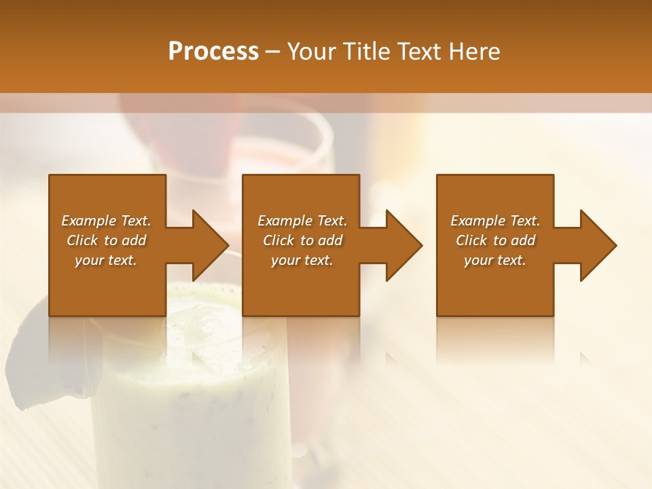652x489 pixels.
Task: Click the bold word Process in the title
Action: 213,52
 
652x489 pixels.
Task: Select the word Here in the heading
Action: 475,52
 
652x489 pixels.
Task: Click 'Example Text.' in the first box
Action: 107,221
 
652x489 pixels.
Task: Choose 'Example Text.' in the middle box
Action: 302,221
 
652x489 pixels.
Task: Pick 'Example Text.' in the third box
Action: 495,221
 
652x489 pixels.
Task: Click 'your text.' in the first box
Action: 106,260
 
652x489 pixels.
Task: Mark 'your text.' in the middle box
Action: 302,260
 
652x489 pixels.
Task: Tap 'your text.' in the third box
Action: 495,260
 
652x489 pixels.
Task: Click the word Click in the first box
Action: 84,240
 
